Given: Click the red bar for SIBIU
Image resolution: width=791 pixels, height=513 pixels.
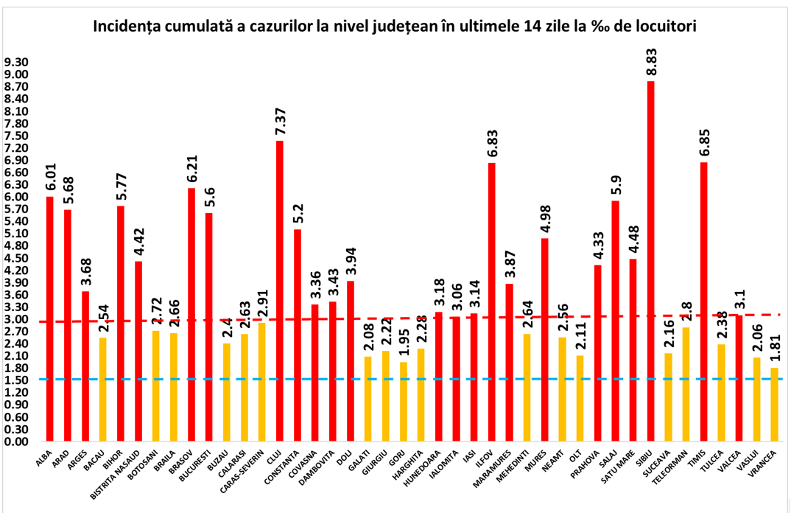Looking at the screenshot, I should [650, 262].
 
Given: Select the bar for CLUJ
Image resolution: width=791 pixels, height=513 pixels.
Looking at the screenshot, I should [280, 291].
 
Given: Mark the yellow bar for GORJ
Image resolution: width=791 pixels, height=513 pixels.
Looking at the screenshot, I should [404, 402].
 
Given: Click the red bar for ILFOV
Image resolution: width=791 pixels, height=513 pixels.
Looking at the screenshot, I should [492, 302].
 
